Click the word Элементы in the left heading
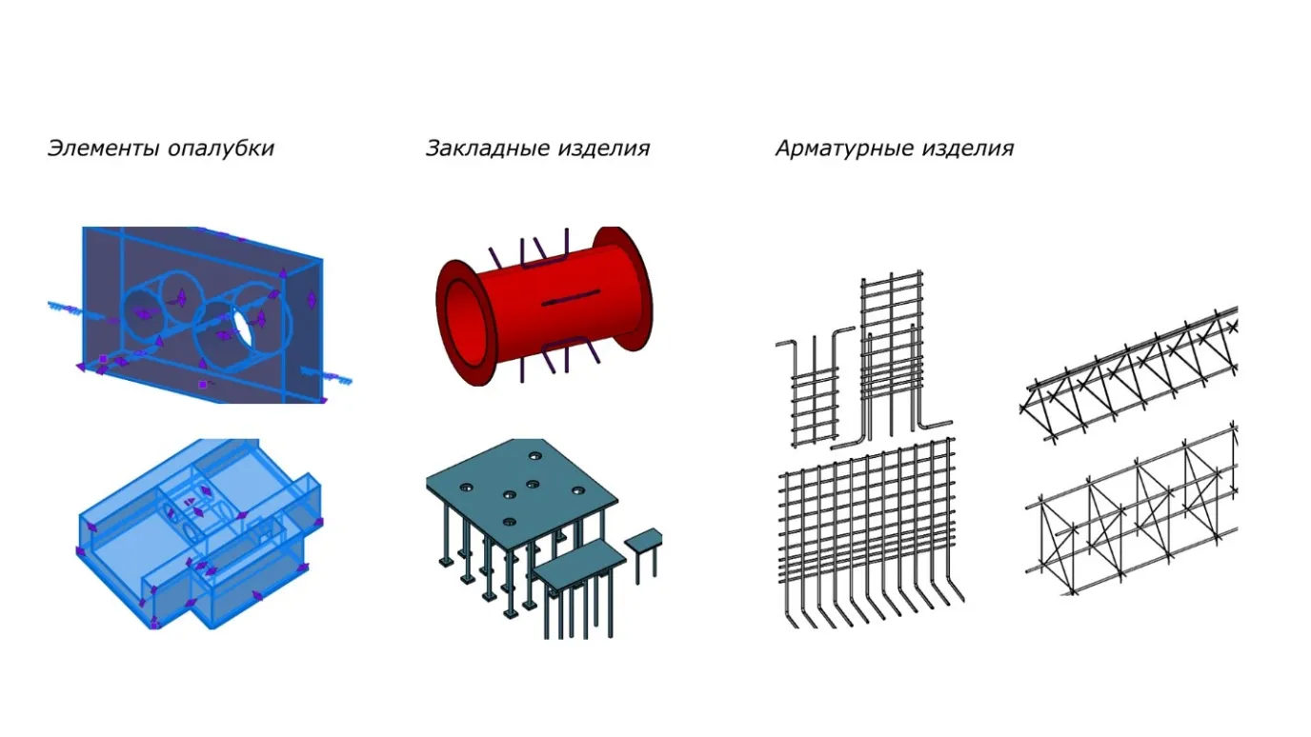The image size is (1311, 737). pos(103,148)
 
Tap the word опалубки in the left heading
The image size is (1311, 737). pos(221,148)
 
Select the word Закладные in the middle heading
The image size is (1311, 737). pos(487,149)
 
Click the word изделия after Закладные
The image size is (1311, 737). pos(603,149)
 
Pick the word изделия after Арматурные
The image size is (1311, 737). pos(968,149)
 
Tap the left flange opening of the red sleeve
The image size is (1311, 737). pos(467,322)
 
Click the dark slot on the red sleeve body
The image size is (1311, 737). pos(571,297)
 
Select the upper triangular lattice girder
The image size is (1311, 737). pos(1130,374)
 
